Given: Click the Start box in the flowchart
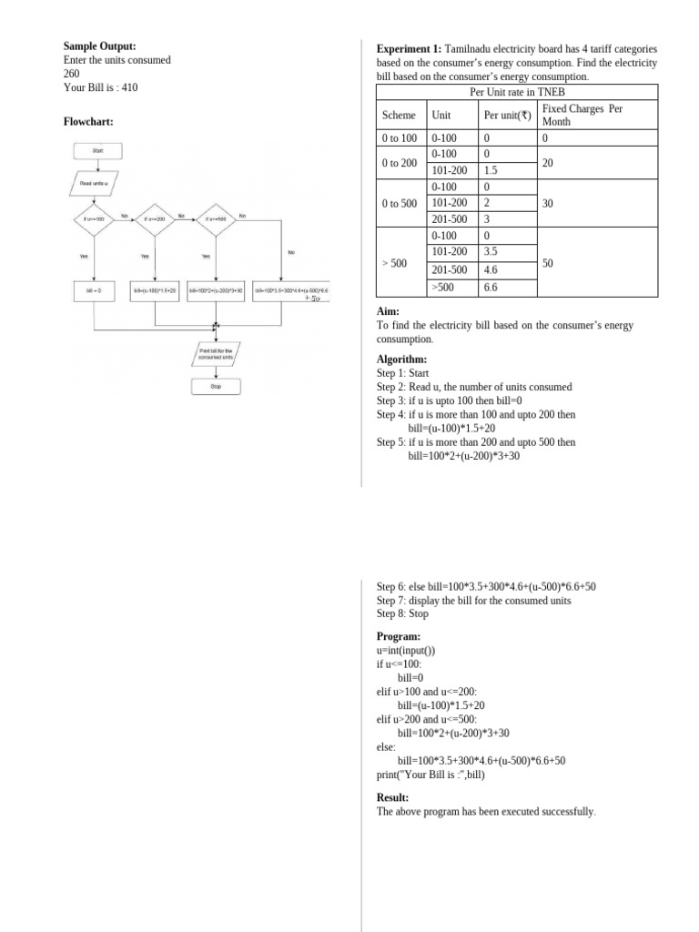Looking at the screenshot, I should [x=96, y=150].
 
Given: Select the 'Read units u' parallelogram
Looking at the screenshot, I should [x=95, y=183].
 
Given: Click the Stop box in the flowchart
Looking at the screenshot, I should [x=216, y=386].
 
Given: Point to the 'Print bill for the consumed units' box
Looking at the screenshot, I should [x=216, y=353].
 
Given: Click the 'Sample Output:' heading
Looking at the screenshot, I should [x=99, y=46].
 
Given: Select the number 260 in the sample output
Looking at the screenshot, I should [x=72, y=74].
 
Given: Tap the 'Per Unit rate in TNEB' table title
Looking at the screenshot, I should [x=516, y=92].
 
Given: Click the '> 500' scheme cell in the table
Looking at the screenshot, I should [x=394, y=263].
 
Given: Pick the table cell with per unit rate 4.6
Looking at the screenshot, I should [x=491, y=270].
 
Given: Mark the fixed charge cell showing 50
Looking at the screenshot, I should [x=548, y=263].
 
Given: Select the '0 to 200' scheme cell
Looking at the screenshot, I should [x=400, y=163].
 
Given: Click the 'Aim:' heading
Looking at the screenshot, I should [x=388, y=311].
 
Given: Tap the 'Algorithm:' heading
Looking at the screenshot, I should [x=401, y=360].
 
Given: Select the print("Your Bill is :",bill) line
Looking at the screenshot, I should [x=431, y=775].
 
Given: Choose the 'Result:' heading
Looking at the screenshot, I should [x=392, y=797].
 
